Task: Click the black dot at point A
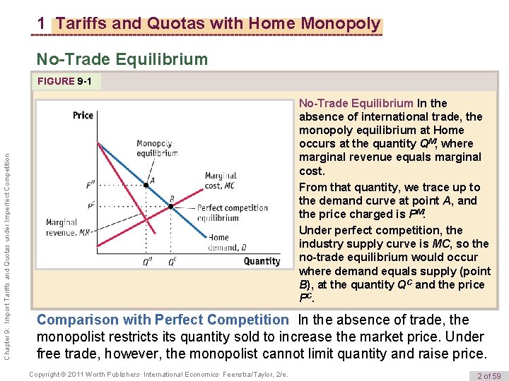146,185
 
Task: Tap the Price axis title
83,115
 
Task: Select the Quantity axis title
262,261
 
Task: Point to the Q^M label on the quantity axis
147,261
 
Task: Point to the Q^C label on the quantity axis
171,261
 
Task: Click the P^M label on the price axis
90,185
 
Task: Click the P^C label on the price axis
91,206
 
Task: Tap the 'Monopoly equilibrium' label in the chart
157,148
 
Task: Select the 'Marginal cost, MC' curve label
221,181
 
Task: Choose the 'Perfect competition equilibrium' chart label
232,212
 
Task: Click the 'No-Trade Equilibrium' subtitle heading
122,59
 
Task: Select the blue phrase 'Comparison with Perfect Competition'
163,320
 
